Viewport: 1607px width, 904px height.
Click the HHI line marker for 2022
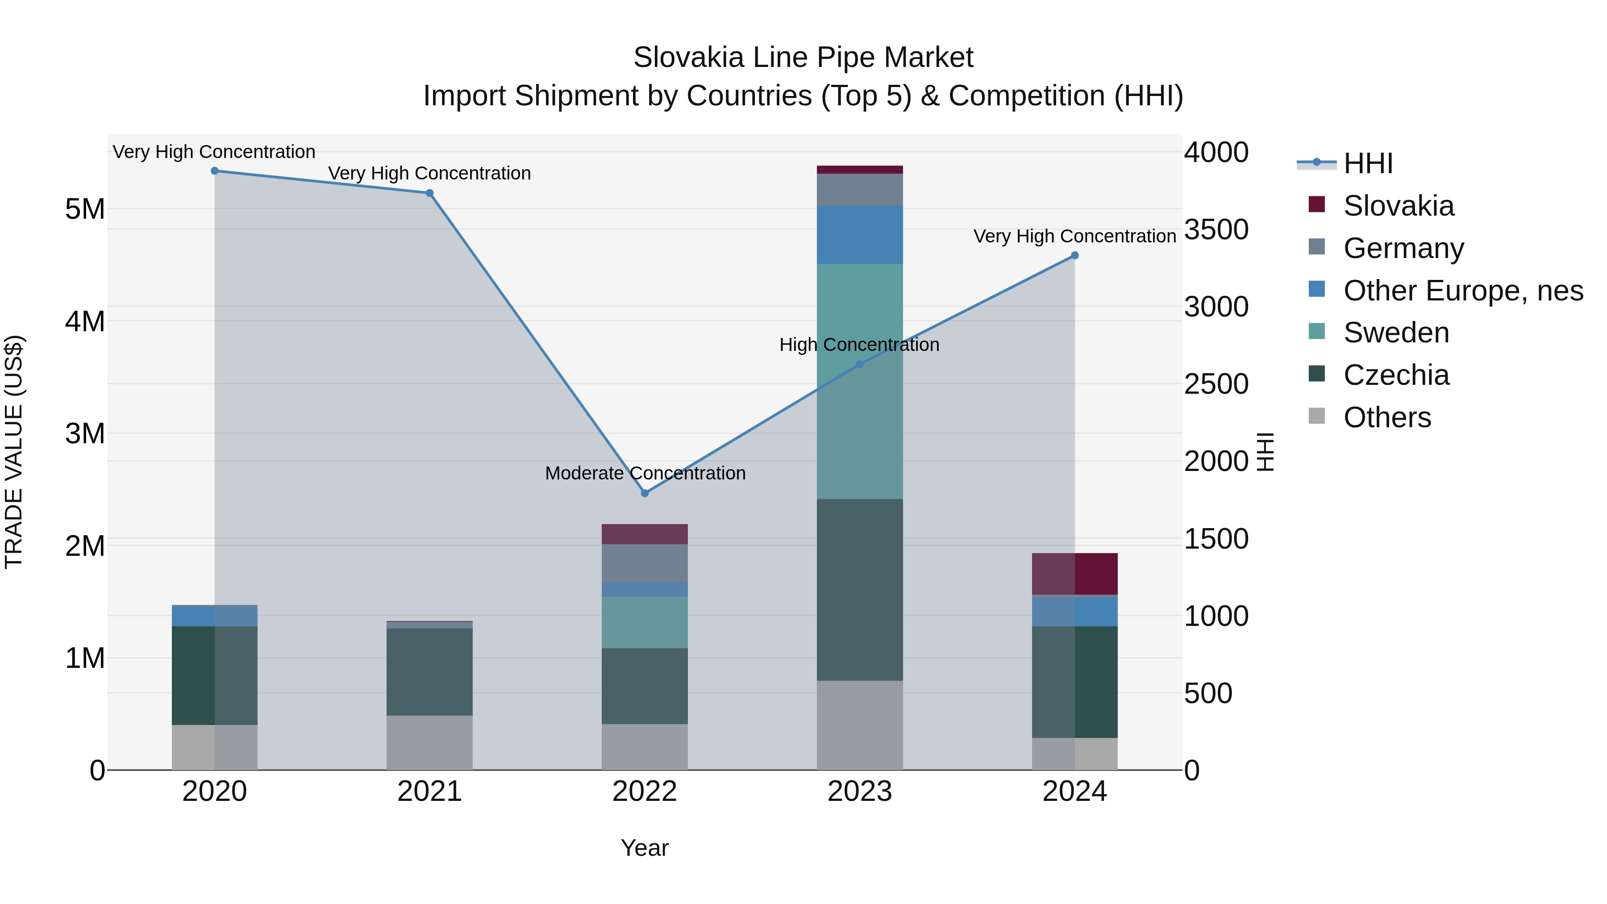[x=645, y=493]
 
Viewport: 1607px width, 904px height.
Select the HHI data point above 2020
[x=215, y=171]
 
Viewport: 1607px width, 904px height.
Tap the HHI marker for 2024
[x=1074, y=255]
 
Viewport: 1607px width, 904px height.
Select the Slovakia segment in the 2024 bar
[x=1074, y=574]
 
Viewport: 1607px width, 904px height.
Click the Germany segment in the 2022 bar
[x=645, y=563]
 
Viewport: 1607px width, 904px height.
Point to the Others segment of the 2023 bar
[x=860, y=725]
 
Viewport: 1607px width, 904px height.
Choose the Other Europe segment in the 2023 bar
[x=860, y=234]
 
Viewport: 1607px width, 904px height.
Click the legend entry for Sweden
[x=1396, y=333]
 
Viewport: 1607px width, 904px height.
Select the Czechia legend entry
[x=1396, y=375]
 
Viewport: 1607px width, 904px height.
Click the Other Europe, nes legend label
[x=1463, y=291]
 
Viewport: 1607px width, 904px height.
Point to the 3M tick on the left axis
[x=85, y=433]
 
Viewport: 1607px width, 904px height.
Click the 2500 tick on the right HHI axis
[x=1216, y=384]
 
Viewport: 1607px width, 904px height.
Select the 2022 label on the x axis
[x=645, y=792]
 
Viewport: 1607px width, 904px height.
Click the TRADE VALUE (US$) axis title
[x=14, y=452]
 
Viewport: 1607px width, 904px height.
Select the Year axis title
[x=645, y=848]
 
